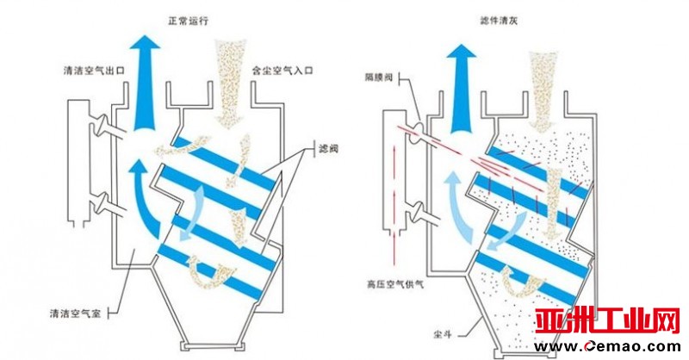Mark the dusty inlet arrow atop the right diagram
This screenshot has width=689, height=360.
coord(543,82)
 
